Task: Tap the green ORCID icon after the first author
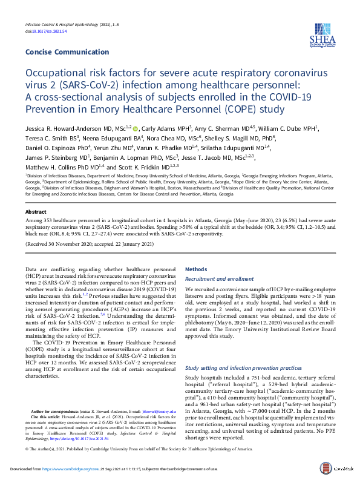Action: point(135,128)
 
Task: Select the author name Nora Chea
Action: point(165,137)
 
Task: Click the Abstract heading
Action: point(36,212)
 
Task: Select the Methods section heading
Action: point(195,269)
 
